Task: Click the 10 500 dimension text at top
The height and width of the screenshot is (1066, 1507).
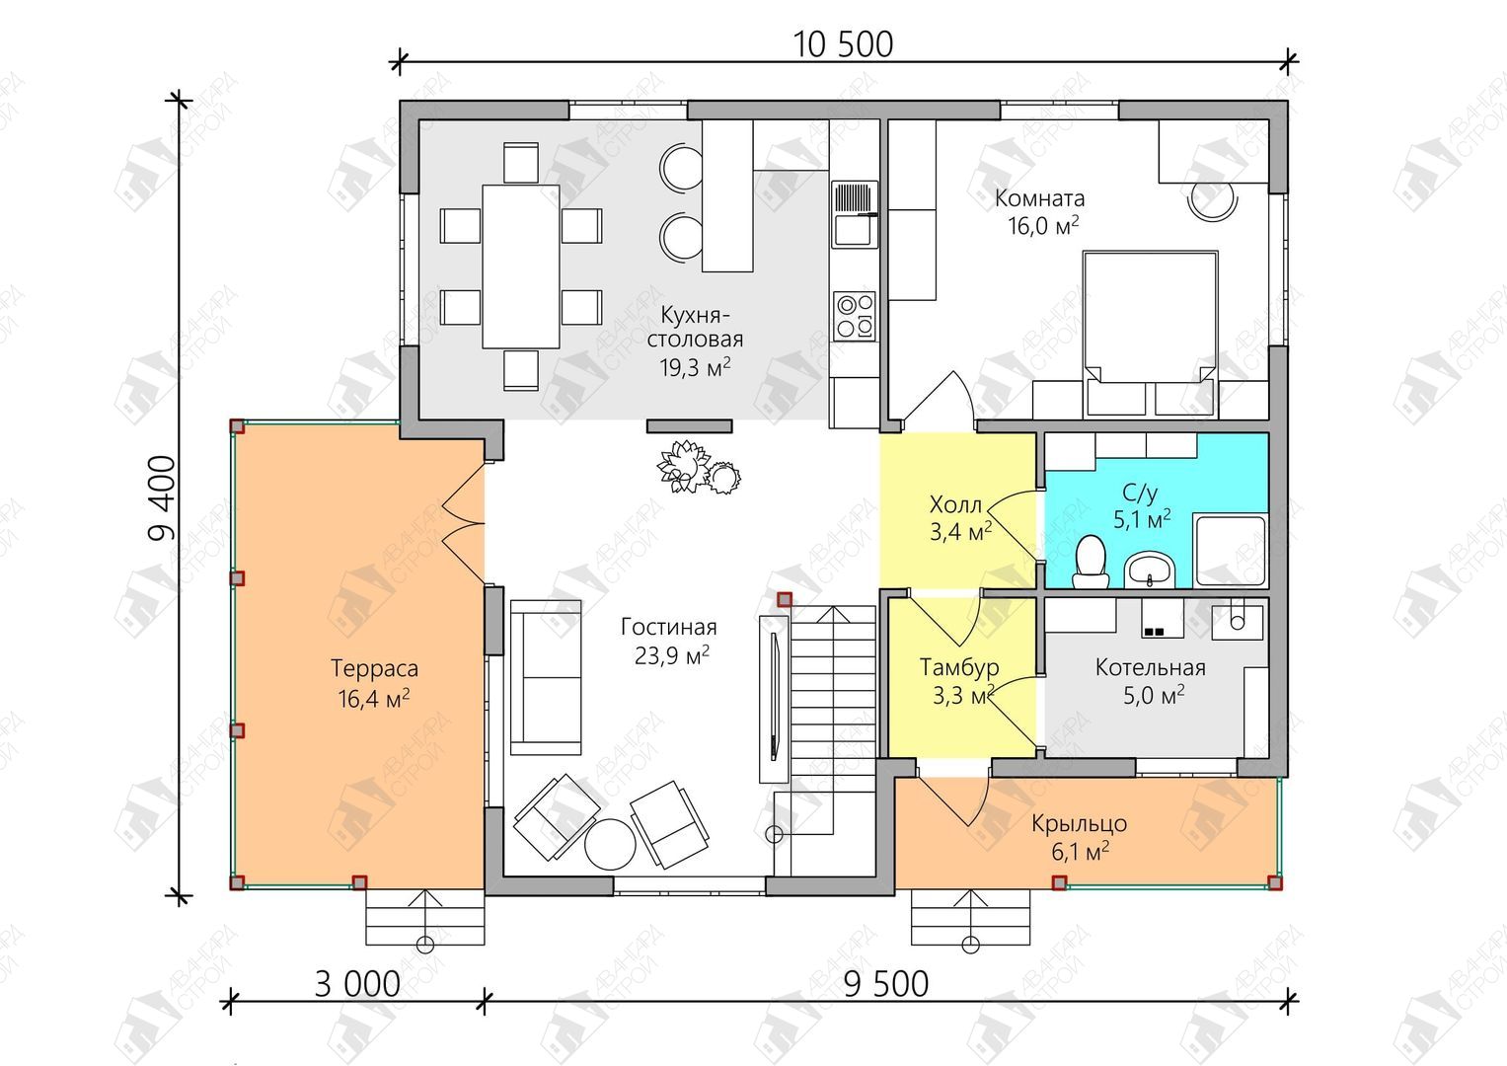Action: [843, 45]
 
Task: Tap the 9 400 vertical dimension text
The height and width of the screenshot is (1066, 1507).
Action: [163, 498]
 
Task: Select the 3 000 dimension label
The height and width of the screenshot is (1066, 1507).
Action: [357, 985]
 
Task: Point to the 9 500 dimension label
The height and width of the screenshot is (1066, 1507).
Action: [886, 985]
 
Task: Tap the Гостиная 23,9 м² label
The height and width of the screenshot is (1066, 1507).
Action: [669, 641]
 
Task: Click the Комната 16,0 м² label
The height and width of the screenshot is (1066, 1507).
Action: [1040, 212]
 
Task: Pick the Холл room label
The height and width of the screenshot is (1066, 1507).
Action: [955, 504]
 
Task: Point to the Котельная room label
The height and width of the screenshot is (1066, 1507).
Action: [1151, 667]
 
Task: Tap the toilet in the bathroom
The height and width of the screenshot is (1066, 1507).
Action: [1091, 562]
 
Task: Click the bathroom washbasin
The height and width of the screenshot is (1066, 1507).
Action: [1150, 571]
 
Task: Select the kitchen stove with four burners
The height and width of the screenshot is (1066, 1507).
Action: [855, 316]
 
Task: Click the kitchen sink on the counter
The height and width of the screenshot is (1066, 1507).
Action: [855, 214]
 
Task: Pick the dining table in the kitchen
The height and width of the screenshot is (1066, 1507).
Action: [521, 266]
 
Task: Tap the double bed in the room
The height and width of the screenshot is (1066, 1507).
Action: [1151, 334]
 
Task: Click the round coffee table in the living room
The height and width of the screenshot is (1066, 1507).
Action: [610, 844]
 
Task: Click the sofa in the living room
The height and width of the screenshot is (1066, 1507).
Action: [546, 678]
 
